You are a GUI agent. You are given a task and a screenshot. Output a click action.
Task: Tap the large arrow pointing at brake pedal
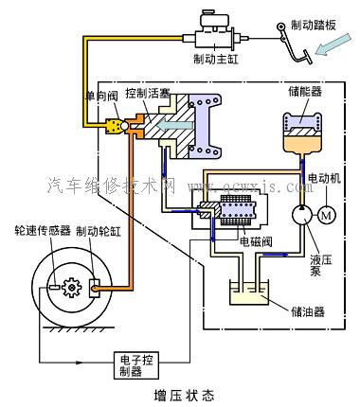(x=328, y=65)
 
